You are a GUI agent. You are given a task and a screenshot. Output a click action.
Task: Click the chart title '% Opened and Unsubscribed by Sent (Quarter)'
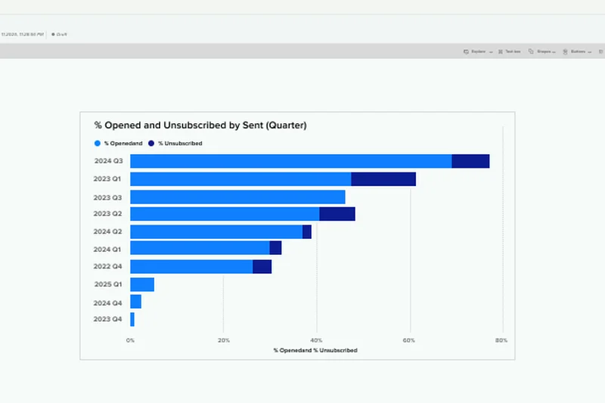pyautogui.click(x=200, y=126)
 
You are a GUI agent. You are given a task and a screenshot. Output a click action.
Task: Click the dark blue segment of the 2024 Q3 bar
pyautogui.click(x=470, y=161)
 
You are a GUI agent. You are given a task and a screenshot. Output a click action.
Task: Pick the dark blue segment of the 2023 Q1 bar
pyautogui.click(x=383, y=179)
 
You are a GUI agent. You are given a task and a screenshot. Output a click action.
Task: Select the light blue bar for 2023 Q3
pyautogui.click(x=237, y=197)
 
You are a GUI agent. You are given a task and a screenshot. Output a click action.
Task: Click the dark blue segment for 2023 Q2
pyautogui.click(x=337, y=214)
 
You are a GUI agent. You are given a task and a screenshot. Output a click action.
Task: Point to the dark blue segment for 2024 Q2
pyautogui.click(x=307, y=232)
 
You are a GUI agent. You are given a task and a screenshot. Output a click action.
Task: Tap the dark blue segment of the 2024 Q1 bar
pyautogui.click(x=275, y=248)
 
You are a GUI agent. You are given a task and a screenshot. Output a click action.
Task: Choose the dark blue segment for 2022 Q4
pyautogui.click(x=262, y=266)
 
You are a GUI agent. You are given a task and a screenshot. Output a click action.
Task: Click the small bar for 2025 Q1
pyautogui.click(x=142, y=284)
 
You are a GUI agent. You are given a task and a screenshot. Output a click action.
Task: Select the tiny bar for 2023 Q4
pyautogui.click(x=132, y=320)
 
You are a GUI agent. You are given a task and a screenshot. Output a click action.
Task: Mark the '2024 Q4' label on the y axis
pyautogui.click(x=107, y=302)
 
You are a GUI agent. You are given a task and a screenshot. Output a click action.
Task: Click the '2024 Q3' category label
pyautogui.click(x=107, y=161)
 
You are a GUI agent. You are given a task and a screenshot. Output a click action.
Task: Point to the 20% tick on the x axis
pyautogui.click(x=223, y=340)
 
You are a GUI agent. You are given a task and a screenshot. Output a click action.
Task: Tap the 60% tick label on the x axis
pyautogui.click(x=409, y=340)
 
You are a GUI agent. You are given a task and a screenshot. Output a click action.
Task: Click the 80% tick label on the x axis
pyautogui.click(x=501, y=340)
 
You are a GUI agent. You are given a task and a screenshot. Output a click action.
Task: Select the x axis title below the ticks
pyautogui.click(x=315, y=350)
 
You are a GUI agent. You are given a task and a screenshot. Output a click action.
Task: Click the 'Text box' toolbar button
pyautogui.click(x=513, y=51)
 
